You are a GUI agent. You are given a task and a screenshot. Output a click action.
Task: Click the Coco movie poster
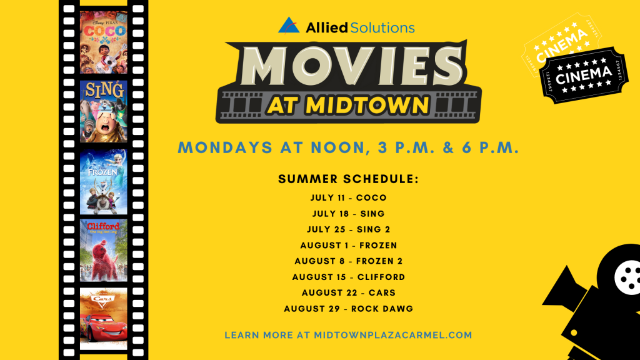[104, 42]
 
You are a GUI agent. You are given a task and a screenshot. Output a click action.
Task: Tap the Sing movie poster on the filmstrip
[104, 111]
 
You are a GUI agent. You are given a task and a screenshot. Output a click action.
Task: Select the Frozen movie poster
[104, 182]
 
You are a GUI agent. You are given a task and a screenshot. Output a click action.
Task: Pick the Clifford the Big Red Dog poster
[104, 250]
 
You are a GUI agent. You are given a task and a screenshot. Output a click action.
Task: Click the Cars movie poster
[104, 319]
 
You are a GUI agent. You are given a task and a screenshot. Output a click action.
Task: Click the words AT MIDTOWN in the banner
[348, 105]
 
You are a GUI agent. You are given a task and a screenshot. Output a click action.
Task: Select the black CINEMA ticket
[583, 75]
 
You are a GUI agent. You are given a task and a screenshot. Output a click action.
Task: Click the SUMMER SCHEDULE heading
[349, 179]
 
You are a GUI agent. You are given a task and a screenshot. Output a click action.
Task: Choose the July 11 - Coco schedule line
[349, 197]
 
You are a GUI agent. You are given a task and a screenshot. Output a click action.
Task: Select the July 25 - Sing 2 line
[349, 229]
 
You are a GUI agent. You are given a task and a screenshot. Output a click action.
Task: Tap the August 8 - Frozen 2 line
[349, 261]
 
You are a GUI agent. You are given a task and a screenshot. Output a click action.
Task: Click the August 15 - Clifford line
[349, 277]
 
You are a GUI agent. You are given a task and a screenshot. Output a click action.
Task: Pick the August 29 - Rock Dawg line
[349, 309]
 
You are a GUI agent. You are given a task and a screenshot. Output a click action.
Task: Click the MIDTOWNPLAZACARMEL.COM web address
[393, 335]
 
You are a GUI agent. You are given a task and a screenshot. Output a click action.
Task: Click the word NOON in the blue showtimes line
[341, 147]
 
